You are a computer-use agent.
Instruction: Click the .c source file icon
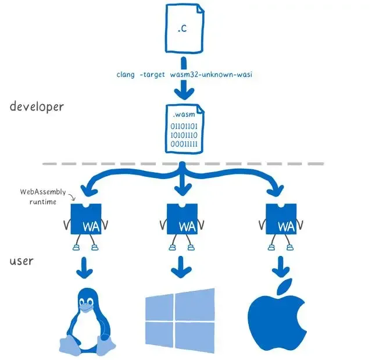185,28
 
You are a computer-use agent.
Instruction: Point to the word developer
37,107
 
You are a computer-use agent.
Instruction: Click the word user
21,261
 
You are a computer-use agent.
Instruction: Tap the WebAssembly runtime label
40,195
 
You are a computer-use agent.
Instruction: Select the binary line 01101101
184,126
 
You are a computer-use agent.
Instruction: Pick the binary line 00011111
184,144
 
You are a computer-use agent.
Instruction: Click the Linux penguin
85,323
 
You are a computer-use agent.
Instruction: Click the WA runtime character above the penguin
85,220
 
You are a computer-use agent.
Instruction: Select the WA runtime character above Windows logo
184,220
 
